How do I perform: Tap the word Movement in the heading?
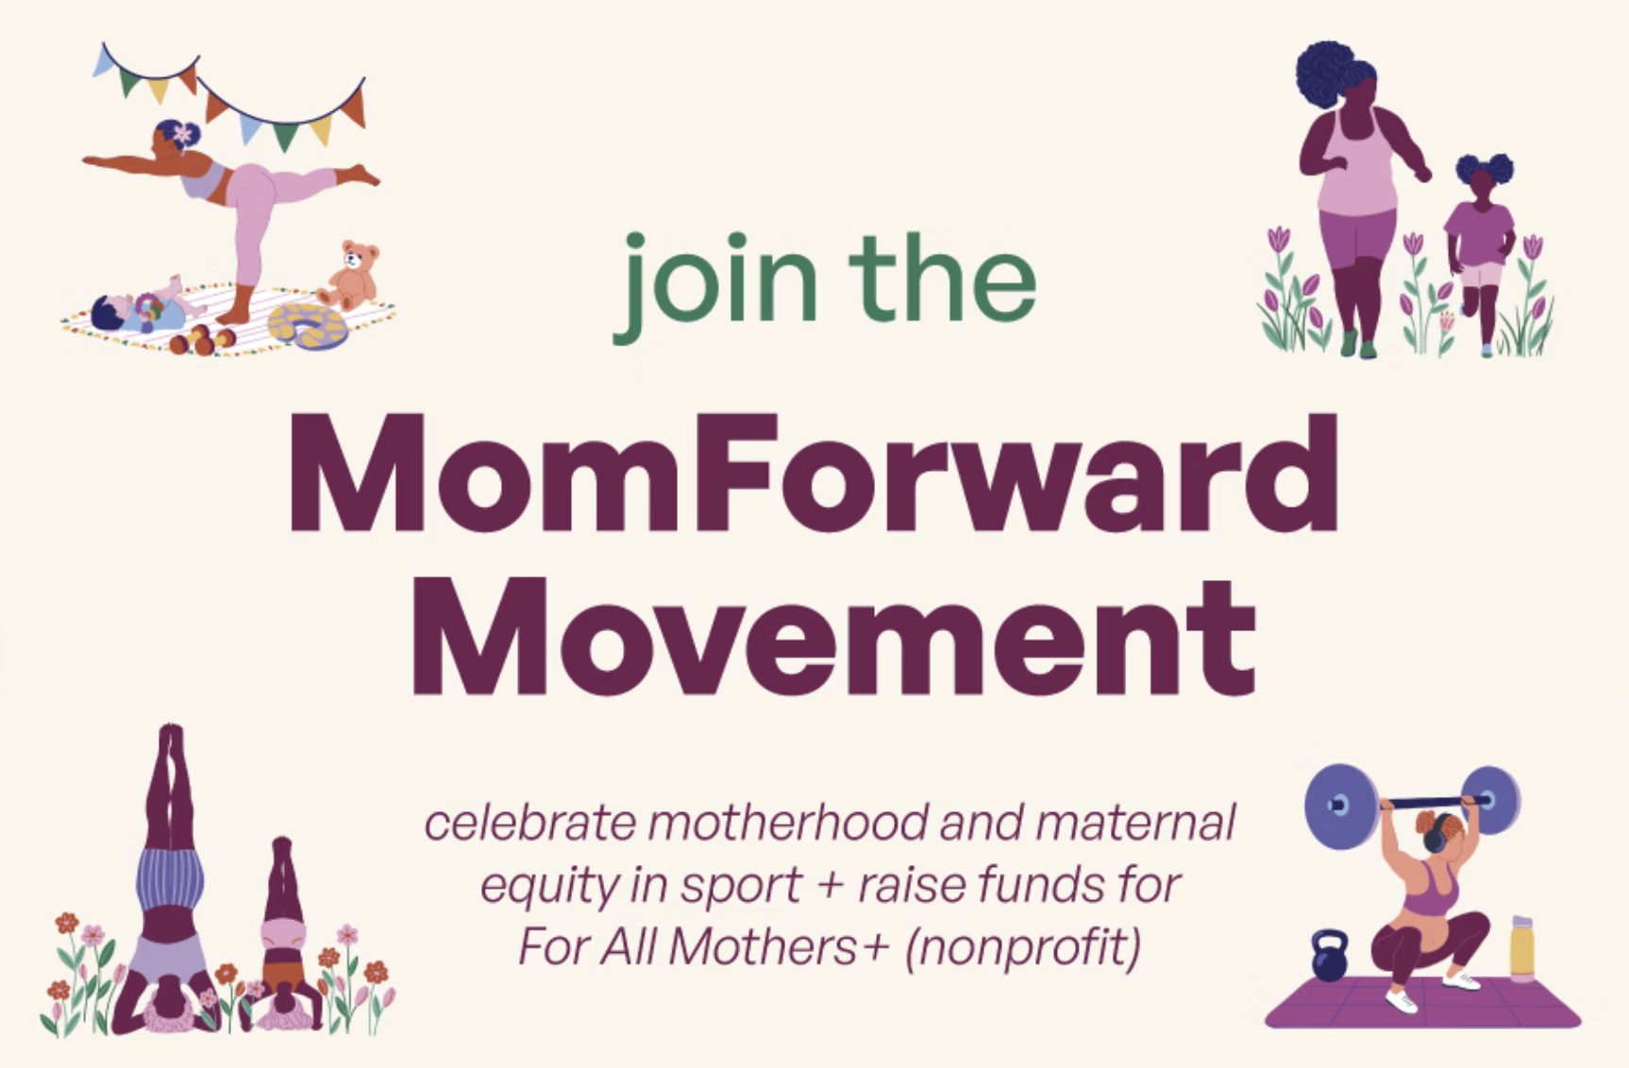click(833, 638)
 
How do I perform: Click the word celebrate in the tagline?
click(530, 823)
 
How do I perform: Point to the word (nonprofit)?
click(1022, 947)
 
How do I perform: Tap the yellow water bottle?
click(1522, 947)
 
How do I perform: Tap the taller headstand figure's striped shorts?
click(171, 876)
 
